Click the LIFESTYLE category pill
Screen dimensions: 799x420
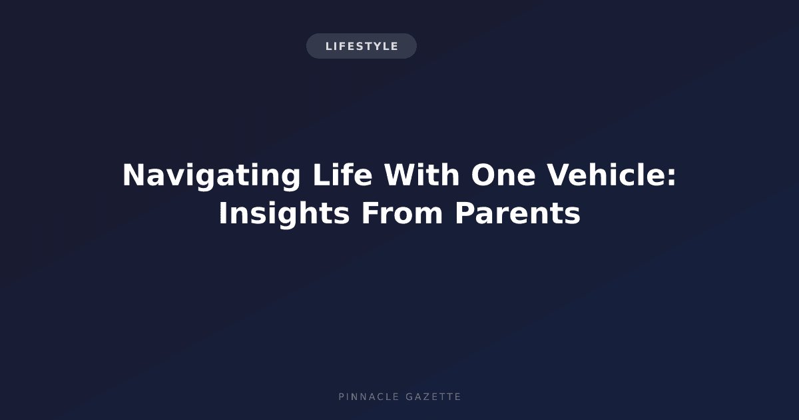coord(362,46)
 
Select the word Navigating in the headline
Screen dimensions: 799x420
coord(212,177)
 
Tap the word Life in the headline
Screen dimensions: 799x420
coord(342,175)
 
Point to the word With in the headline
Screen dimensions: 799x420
coord(421,175)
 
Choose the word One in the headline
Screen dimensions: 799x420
coord(503,175)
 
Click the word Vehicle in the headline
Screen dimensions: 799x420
coord(606,175)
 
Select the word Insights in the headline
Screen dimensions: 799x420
coord(284,214)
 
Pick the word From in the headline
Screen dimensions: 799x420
coord(402,213)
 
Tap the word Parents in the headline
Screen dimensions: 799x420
coord(517,213)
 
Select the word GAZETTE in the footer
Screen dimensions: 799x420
coord(433,397)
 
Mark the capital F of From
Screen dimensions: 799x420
coord(370,213)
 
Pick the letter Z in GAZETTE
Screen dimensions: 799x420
coord(425,397)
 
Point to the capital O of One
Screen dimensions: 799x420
coord(483,175)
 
